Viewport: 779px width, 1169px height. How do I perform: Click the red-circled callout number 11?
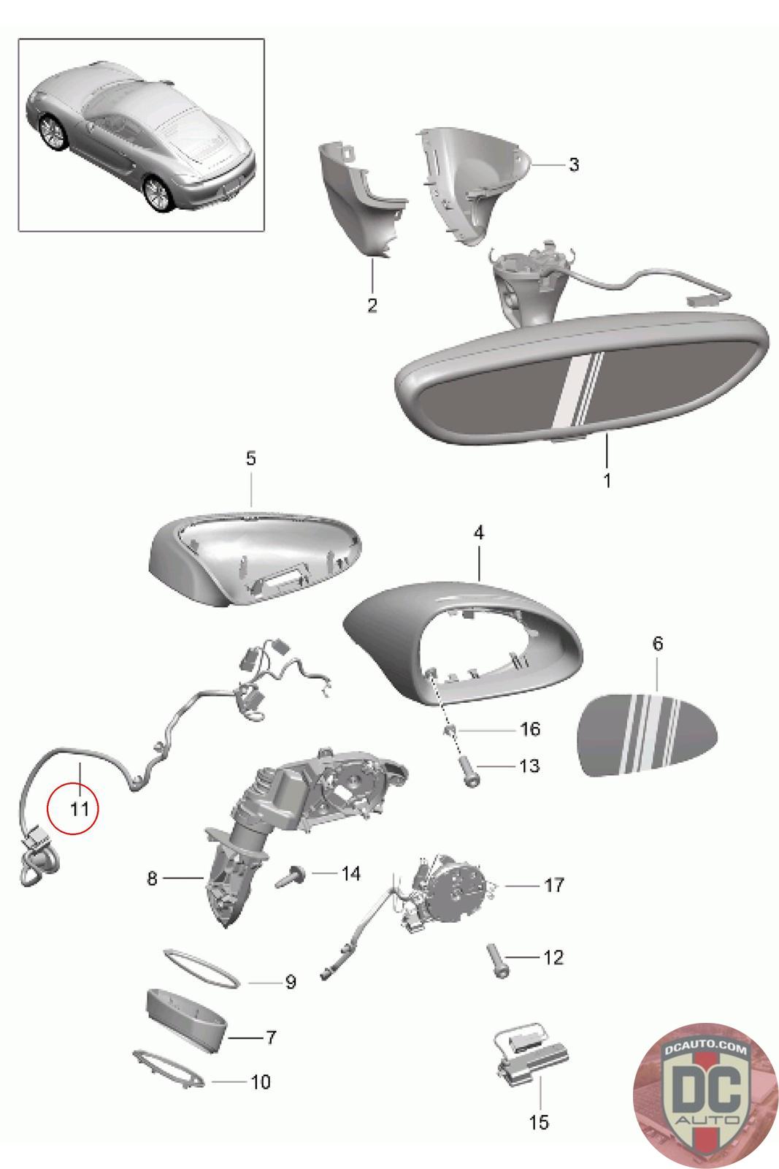[80, 810]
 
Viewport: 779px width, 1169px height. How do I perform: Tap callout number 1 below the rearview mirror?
[607, 481]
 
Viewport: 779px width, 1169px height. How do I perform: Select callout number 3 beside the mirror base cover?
[574, 164]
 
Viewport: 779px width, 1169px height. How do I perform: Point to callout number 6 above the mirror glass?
[658, 644]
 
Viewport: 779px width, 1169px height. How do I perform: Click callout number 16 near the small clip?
[530, 729]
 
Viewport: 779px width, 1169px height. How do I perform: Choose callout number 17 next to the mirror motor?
[553, 885]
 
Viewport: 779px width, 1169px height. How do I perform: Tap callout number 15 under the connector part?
[539, 1122]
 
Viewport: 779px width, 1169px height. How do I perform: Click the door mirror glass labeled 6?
[647, 734]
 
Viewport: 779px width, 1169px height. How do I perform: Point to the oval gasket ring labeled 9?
[202, 969]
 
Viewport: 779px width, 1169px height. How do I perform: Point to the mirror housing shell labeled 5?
[255, 560]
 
